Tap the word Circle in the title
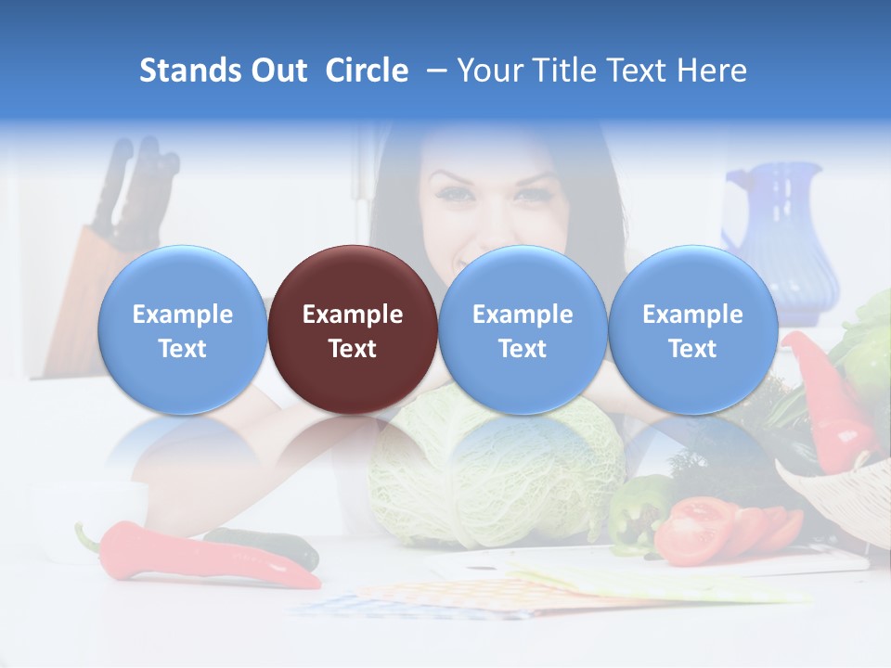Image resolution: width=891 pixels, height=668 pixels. tap(367, 71)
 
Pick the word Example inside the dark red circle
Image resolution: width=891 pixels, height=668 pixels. tap(353, 315)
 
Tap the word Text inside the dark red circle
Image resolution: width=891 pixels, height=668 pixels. tap(353, 349)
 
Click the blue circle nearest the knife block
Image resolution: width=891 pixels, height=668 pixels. tap(183, 329)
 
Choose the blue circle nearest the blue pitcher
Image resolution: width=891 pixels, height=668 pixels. tap(692, 329)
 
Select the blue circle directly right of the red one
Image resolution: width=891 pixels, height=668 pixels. tap(523, 329)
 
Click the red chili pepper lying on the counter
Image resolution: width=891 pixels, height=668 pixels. tap(204, 557)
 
